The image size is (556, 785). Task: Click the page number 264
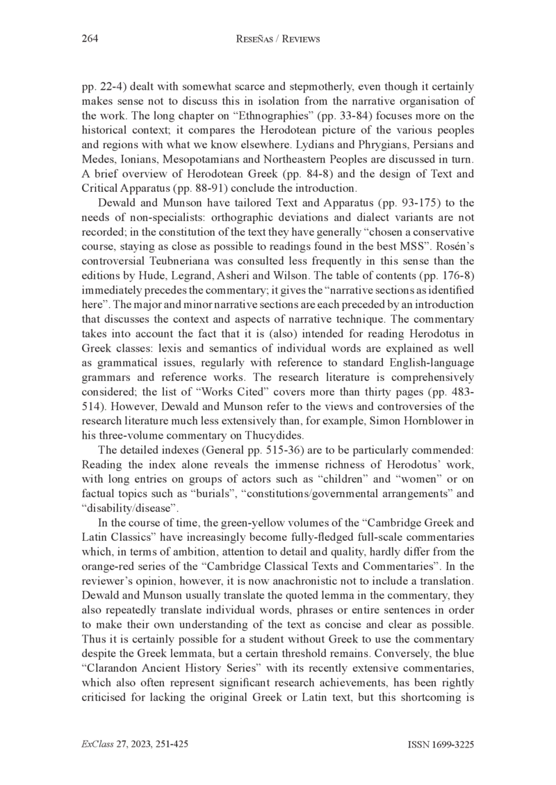click(x=90, y=40)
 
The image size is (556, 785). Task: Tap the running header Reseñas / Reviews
click(x=278, y=40)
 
